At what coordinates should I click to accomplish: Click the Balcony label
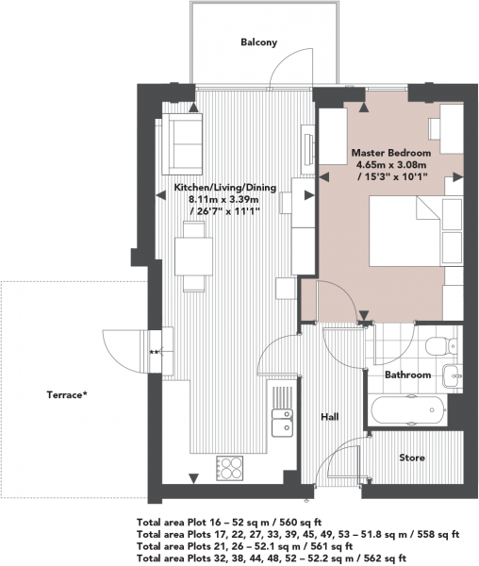click(x=259, y=42)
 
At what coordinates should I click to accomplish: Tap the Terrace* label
click(x=67, y=395)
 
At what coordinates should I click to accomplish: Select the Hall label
click(x=330, y=417)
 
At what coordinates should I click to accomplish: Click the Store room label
click(x=412, y=458)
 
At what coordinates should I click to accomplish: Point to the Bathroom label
click(x=407, y=375)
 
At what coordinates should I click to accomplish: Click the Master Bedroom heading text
click(x=391, y=153)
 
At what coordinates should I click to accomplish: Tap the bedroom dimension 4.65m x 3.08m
click(x=391, y=165)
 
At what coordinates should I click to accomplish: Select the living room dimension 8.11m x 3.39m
click(x=224, y=199)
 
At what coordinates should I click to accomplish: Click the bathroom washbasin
click(x=452, y=375)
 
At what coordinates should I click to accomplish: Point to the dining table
click(x=193, y=257)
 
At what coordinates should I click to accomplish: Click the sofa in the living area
click(x=182, y=143)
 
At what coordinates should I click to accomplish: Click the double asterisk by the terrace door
click(x=154, y=352)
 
